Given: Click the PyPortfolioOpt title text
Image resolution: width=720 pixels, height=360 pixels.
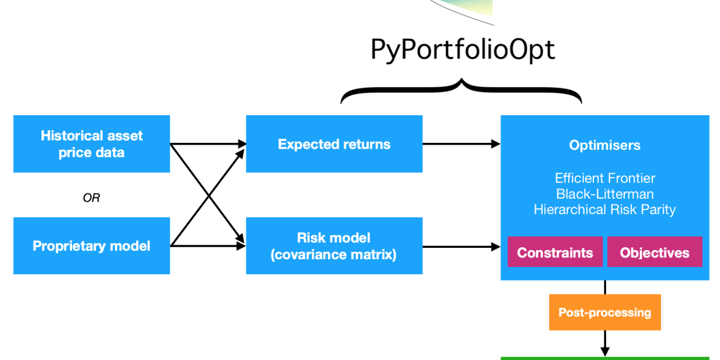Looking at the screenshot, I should tap(463, 50).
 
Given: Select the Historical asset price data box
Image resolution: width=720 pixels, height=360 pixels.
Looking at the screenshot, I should tap(92, 144).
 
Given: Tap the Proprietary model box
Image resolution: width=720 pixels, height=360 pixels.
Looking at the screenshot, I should tap(92, 246).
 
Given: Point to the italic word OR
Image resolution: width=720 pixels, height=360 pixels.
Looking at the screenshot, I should tap(91, 198).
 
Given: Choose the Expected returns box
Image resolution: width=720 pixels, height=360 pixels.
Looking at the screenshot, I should tap(334, 144).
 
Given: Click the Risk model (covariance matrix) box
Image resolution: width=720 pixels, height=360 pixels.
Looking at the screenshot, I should tap(334, 246).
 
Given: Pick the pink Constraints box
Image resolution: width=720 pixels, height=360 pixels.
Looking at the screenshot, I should tap(555, 253).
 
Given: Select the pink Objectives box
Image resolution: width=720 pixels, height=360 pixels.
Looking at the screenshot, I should tap(655, 253).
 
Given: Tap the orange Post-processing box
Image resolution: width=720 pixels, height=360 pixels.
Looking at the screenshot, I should tap(605, 312).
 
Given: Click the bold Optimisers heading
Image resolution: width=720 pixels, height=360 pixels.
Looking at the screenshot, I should tap(605, 145).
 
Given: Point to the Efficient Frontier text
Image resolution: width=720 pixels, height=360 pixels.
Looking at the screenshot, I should tap(605, 178).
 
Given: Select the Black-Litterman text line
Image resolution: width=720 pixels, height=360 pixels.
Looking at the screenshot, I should tap(605, 194).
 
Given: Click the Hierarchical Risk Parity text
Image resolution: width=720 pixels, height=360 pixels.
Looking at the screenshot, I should tap(605, 209).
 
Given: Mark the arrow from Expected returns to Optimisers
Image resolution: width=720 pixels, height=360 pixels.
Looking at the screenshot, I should tap(461, 144).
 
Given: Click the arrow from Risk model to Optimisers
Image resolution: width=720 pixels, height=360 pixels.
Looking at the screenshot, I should tap(461, 246).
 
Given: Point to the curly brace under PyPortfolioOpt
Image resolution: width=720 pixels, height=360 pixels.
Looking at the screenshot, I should tap(461, 90).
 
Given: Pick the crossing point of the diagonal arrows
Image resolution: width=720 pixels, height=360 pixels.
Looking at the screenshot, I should tap(208, 195).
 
